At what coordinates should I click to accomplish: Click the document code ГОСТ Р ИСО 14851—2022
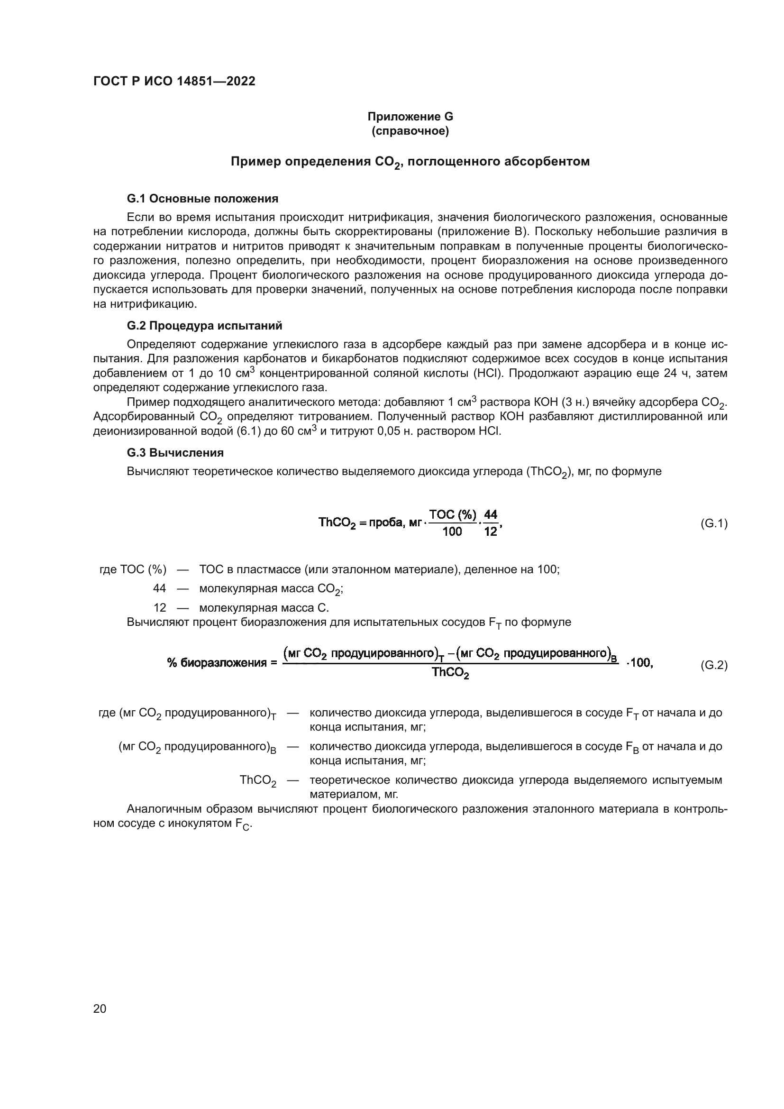[174, 82]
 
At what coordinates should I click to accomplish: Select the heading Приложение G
[410, 117]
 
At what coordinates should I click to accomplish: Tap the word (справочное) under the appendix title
[410, 131]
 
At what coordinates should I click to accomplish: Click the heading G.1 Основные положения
[202, 199]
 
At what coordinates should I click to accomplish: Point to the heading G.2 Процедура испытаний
[204, 326]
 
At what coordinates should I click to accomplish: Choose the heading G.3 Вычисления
[175, 453]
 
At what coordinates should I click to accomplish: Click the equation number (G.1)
[713, 523]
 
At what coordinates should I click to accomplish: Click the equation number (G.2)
[713, 665]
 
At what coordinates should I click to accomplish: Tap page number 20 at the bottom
[100, 1008]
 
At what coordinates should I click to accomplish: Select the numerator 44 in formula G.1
[491, 515]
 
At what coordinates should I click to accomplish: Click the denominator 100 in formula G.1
[452, 532]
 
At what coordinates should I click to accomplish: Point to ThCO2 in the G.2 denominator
[450, 672]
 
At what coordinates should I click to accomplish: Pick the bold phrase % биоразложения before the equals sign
[217, 663]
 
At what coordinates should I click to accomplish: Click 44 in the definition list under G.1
[159, 588]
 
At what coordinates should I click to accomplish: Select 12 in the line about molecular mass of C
[159, 608]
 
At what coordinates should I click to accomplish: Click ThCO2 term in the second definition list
[258, 780]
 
